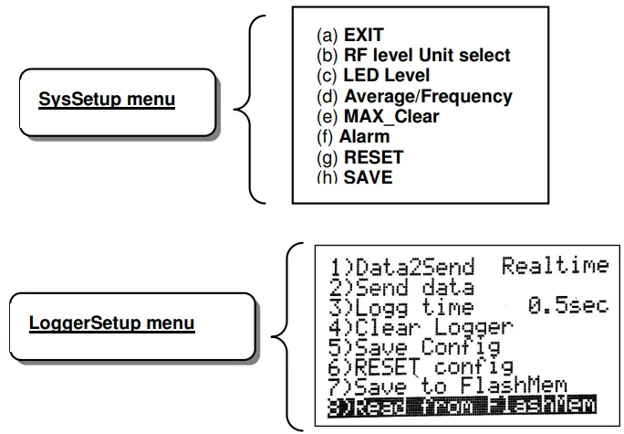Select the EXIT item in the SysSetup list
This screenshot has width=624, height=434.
pos(349,36)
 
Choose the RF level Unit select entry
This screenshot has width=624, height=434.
pos(412,56)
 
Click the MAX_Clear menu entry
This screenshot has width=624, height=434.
pos(377,117)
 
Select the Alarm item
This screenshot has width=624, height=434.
pos(353,137)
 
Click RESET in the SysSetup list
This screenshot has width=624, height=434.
pos(359,157)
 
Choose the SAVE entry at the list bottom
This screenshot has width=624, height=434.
pos(354,176)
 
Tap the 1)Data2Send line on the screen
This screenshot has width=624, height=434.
pos(402,268)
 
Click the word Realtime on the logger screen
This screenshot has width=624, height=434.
pos(555,266)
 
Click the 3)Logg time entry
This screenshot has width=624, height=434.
pos(402,308)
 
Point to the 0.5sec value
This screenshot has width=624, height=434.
pos(567,306)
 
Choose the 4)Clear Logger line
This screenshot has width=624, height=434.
pos(421,327)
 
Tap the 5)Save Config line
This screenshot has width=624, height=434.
pos(415,347)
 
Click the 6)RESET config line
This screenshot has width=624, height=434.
pos(421,366)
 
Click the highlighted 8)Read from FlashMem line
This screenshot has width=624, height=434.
pos(461,406)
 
